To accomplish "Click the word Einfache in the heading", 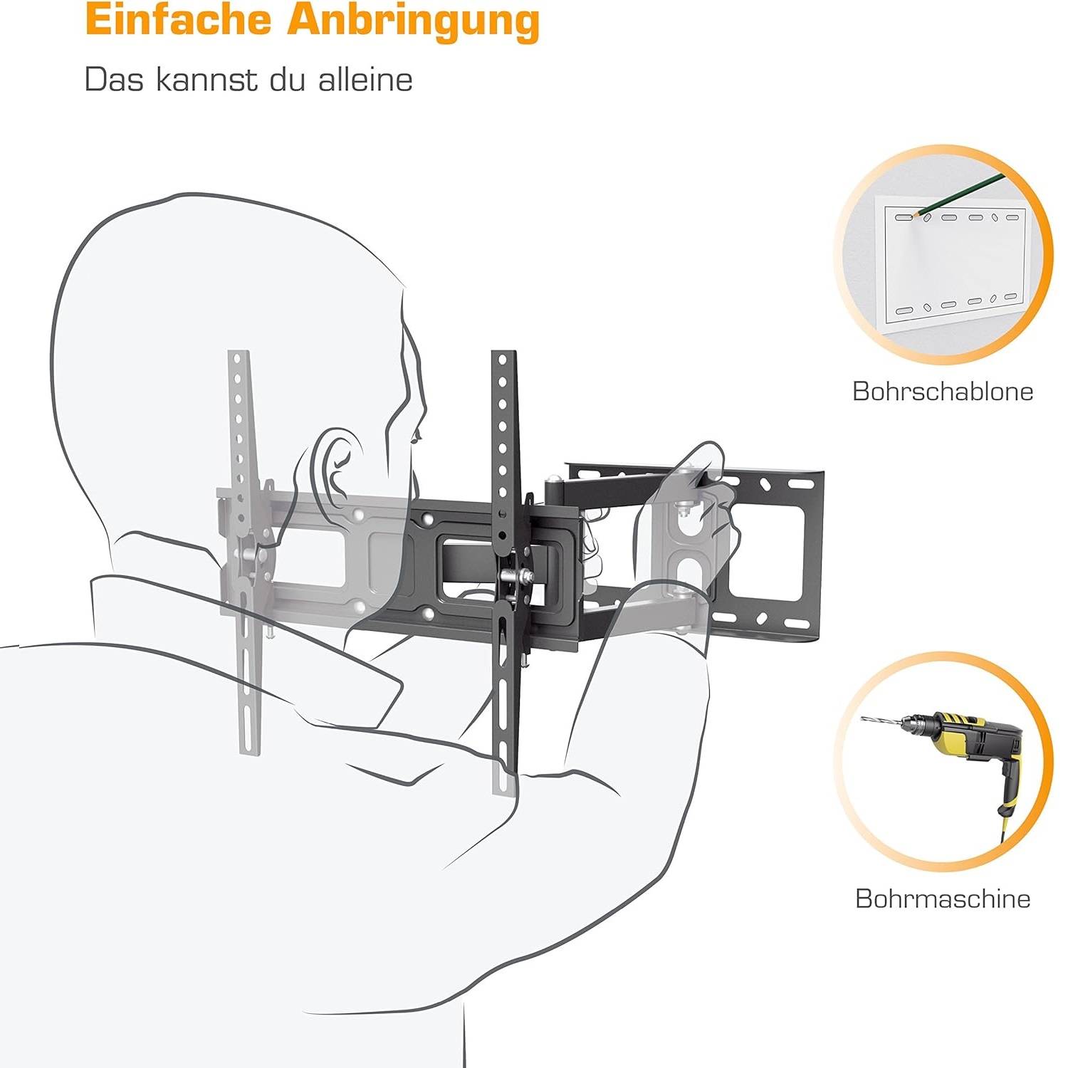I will (178, 21).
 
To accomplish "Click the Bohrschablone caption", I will (943, 392).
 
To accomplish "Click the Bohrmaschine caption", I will (943, 899).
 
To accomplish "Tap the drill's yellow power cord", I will (1004, 826).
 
